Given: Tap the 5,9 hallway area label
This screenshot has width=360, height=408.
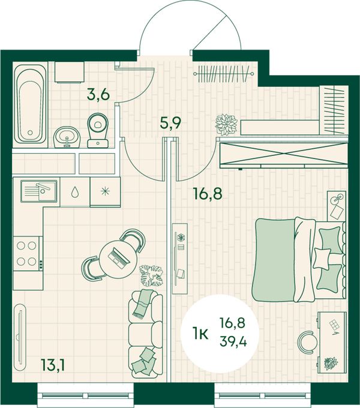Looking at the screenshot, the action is click(170, 123).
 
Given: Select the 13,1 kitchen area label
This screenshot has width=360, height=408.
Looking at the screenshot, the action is click(52, 366).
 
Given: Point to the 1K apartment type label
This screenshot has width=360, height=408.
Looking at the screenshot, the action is click(200, 334).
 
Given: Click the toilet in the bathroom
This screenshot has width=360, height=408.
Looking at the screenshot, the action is click(98, 130).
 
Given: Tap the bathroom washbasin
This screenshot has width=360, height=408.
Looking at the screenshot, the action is click(67, 137).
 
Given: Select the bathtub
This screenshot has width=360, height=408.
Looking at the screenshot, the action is click(31, 104).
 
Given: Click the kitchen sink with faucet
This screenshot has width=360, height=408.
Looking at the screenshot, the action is click(39, 191).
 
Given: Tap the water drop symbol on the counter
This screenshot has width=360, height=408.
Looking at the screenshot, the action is click(75, 192).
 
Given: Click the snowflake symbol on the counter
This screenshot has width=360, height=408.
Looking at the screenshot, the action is click(105, 191).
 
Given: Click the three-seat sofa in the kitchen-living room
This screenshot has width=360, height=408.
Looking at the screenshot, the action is click(146, 334).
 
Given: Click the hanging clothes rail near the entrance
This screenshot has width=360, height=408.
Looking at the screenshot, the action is click(223, 74).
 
